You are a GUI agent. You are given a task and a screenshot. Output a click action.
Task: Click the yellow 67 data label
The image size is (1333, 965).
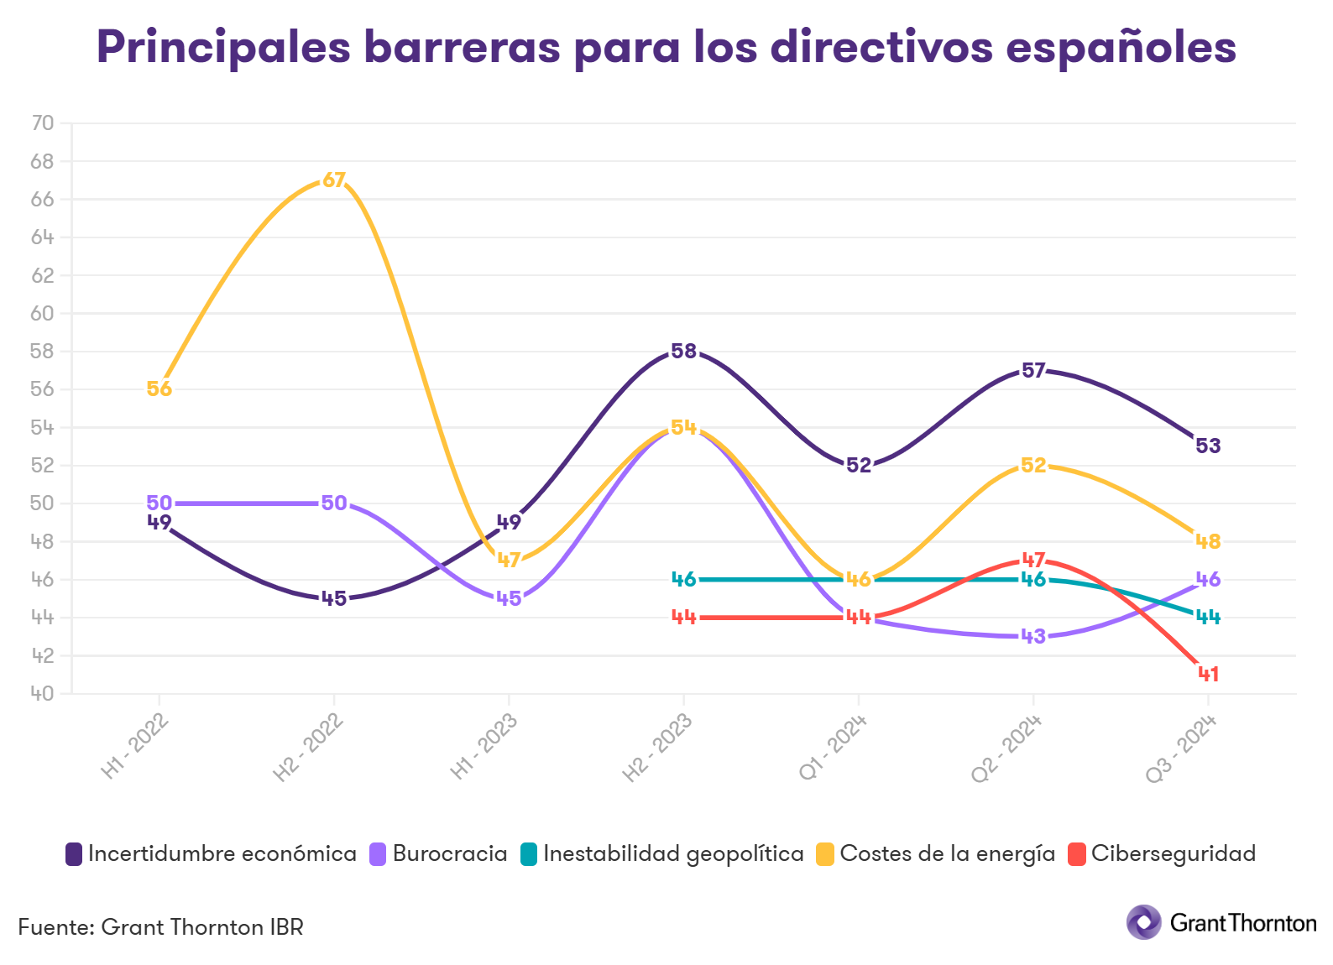(334, 180)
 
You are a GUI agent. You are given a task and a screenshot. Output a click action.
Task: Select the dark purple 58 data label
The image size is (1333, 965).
(684, 352)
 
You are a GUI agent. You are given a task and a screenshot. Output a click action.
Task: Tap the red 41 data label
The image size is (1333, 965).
(1208, 674)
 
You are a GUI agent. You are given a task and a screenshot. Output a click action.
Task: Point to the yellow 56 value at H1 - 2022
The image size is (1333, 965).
(159, 389)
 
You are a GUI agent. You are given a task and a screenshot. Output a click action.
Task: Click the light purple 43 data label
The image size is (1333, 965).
(1033, 636)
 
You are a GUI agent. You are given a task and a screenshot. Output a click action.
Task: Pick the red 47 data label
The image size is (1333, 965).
(1033, 560)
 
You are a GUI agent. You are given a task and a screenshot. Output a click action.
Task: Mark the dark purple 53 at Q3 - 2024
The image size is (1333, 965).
(1208, 446)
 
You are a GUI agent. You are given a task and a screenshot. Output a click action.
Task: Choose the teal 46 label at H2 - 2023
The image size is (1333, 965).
(684, 579)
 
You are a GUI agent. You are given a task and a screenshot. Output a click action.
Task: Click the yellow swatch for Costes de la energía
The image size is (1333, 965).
(825, 855)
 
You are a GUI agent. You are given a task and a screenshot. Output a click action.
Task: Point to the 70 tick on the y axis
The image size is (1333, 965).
(42, 123)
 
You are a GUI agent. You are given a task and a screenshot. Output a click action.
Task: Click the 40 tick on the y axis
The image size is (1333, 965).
(42, 694)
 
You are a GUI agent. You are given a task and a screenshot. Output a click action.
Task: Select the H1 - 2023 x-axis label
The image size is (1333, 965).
(484, 747)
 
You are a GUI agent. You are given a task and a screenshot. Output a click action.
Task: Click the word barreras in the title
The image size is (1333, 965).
(461, 47)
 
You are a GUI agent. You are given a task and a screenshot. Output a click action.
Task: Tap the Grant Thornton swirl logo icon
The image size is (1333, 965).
(1143, 922)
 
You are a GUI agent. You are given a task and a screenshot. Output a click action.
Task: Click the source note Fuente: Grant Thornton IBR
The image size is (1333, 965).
(160, 927)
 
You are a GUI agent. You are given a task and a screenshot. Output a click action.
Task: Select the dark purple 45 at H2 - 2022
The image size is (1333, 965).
(334, 598)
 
